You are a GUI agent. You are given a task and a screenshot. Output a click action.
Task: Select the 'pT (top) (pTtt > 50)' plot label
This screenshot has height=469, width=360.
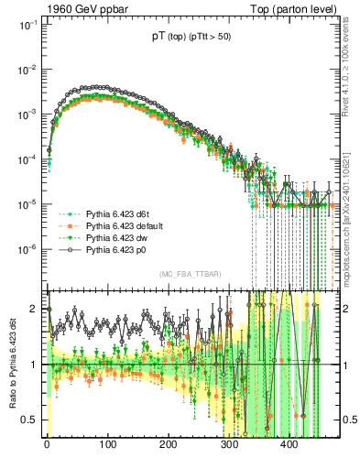click(192, 38)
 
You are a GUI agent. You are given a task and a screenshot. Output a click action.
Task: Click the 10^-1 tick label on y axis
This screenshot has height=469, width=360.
click(28, 25)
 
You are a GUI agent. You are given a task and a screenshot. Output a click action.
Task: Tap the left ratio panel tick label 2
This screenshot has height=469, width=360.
click(36, 309)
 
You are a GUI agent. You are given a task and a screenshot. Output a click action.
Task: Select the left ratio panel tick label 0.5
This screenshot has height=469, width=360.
click(31, 420)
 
